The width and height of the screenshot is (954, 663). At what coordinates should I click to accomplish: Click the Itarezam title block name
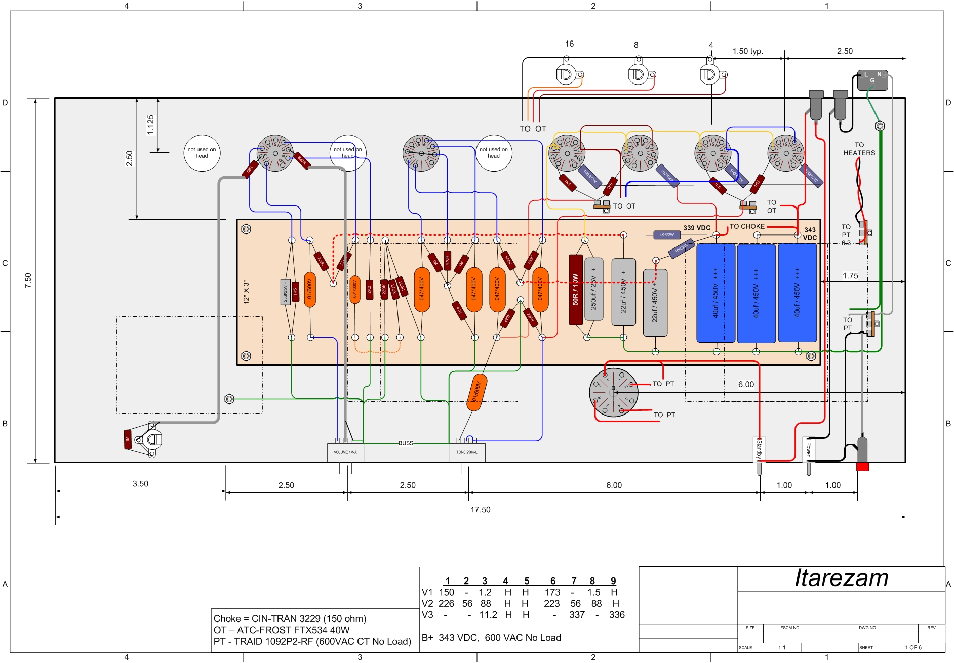pos(841,578)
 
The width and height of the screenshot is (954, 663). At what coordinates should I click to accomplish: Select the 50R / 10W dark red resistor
pos(576,289)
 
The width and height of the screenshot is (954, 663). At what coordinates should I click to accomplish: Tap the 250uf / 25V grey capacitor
pos(593,289)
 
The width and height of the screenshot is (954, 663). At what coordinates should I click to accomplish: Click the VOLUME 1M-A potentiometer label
pos(345,452)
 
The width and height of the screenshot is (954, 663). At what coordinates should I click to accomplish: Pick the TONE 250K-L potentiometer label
pos(467,452)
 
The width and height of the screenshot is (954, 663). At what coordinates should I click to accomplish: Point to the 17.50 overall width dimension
pos(480,510)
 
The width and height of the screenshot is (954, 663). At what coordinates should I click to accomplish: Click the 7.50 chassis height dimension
pos(28,280)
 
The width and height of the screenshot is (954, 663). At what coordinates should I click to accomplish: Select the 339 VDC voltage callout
pos(697,228)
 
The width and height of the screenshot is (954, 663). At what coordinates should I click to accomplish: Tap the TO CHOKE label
pos(747,226)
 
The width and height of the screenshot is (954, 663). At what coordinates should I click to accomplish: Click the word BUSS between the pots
pos(406,443)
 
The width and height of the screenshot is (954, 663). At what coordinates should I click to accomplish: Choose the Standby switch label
pos(759,449)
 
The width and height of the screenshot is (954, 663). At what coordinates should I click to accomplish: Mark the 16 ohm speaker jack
pos(565,75)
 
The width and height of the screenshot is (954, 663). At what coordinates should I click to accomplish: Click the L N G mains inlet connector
pos(872,80)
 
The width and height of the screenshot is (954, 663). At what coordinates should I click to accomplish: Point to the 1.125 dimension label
pos(150,125)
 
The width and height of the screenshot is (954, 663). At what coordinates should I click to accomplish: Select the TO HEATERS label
pos(859,149)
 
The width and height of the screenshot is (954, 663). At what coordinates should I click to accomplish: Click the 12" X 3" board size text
pos(247,292)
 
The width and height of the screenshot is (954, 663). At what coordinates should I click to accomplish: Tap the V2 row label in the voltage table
pos(427,603)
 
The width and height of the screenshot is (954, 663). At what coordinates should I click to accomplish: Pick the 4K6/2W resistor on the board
pos(666,235)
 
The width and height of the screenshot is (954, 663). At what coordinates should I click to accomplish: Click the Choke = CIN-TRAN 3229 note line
pos(290,618)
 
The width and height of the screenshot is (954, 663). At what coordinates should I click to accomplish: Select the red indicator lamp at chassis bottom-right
pos(862,466)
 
